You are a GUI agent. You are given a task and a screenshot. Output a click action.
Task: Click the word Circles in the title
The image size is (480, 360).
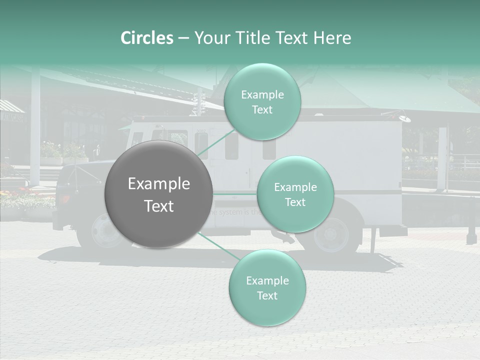click(x=146, y=38)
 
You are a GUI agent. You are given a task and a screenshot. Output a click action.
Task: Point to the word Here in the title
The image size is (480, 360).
click(x=332, y=38)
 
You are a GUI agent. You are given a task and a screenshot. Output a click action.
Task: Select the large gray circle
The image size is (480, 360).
click(x=158, y=194)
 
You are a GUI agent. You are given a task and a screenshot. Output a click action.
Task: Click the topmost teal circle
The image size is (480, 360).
click(x=262, y=102)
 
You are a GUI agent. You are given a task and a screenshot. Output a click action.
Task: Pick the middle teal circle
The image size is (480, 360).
click(x=295, y=194)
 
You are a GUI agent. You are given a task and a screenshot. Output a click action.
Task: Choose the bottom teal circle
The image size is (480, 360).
click(x=267, y=287)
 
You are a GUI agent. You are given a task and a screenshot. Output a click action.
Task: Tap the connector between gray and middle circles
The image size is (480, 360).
click(x=235, y=194)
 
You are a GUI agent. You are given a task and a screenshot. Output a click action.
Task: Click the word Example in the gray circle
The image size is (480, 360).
click(x=158, y=184)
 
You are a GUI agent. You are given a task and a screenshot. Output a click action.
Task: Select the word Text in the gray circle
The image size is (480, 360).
click(x=158, y=206)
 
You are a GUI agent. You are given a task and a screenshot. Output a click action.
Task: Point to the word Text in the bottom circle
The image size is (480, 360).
click(x=267, y=295)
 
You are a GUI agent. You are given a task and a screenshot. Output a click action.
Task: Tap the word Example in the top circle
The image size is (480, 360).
click(x=262, y=94)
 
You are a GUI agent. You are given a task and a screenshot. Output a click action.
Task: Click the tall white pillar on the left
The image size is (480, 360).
click(x=35, y=125)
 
